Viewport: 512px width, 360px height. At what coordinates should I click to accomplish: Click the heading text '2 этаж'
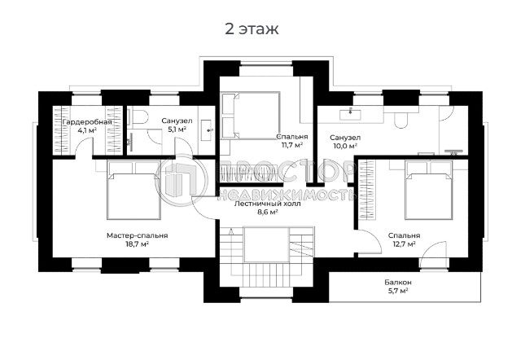click(252, 29)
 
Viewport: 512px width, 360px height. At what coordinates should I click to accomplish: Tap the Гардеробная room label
click(87, 122)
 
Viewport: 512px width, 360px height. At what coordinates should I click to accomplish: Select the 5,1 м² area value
click(177, 130)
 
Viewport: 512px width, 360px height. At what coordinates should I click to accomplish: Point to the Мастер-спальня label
click(137, 235)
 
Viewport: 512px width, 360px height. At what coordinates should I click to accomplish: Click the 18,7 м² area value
click(137, 244)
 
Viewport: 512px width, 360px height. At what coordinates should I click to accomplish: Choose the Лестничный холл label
click(268, 204)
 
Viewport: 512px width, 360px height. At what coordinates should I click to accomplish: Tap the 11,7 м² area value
click(291, 145)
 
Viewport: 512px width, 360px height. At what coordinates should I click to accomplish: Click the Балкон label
click(398, 283)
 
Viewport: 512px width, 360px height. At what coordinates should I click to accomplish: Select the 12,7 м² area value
click(405, 244)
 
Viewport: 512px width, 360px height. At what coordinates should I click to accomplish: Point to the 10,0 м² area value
click(345, 146)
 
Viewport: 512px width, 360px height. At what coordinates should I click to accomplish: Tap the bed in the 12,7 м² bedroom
click(428, 190)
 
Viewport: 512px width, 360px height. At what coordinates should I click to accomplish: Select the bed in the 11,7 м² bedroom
click(251, 116)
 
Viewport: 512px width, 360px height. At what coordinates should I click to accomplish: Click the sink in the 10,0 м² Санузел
click(350, 114)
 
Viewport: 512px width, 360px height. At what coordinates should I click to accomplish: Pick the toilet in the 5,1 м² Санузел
click(138, 118)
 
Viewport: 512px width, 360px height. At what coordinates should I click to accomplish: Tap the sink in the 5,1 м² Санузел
click(207, 130)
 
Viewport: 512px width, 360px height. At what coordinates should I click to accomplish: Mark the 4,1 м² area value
click(87, 130)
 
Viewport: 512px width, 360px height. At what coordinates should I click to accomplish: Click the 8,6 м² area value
click(268, 213)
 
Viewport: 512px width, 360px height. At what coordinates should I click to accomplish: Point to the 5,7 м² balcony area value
click(397, 291)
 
